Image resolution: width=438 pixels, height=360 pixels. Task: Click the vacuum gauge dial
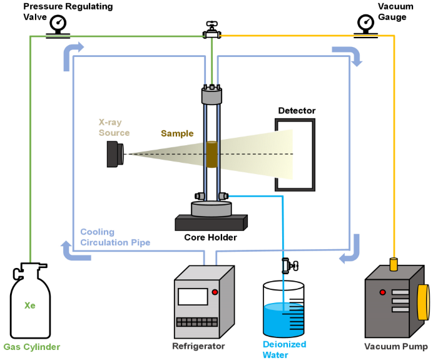tap(365, 23)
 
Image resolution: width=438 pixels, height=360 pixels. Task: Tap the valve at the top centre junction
tap(210, 29)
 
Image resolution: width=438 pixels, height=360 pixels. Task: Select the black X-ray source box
tap(115, 153)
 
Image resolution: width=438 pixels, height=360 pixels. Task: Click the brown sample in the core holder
tap(211, 155)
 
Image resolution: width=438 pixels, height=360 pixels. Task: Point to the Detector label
tap(297, 111)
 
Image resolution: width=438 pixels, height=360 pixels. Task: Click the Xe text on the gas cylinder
tap(29, 306)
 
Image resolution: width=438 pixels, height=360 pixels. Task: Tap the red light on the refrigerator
tap(215, 292)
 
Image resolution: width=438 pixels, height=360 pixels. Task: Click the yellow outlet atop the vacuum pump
tap(394, 264)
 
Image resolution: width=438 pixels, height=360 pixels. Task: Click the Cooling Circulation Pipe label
tap(115, 237)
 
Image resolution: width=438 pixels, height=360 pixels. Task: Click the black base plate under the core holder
tap(211, 222)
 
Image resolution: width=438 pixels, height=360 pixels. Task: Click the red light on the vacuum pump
tap(382, 292)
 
